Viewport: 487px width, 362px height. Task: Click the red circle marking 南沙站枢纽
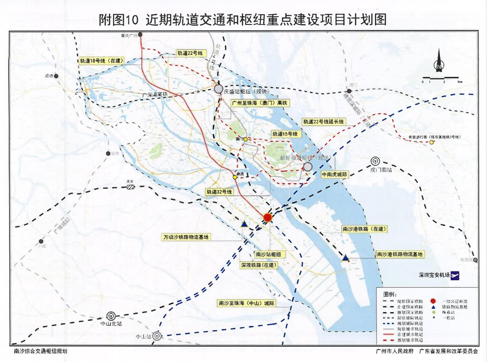click(267, 217)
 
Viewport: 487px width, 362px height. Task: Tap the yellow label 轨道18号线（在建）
click(101, 60)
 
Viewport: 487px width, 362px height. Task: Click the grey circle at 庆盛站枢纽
click(218, 89)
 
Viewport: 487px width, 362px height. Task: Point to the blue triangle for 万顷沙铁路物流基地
click(244, 224)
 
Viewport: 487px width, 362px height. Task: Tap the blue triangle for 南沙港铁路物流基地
click(345, 258)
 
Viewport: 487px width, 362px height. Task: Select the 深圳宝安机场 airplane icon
click(456, 276)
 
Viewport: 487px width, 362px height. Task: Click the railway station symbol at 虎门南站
click(375, 162)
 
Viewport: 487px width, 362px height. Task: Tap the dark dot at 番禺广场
click(140, 35)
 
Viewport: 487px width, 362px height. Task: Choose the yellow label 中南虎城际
click(335, 175)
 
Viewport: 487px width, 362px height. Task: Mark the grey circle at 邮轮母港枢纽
click(307, 166)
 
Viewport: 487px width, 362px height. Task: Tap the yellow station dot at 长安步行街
click(432, 142)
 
